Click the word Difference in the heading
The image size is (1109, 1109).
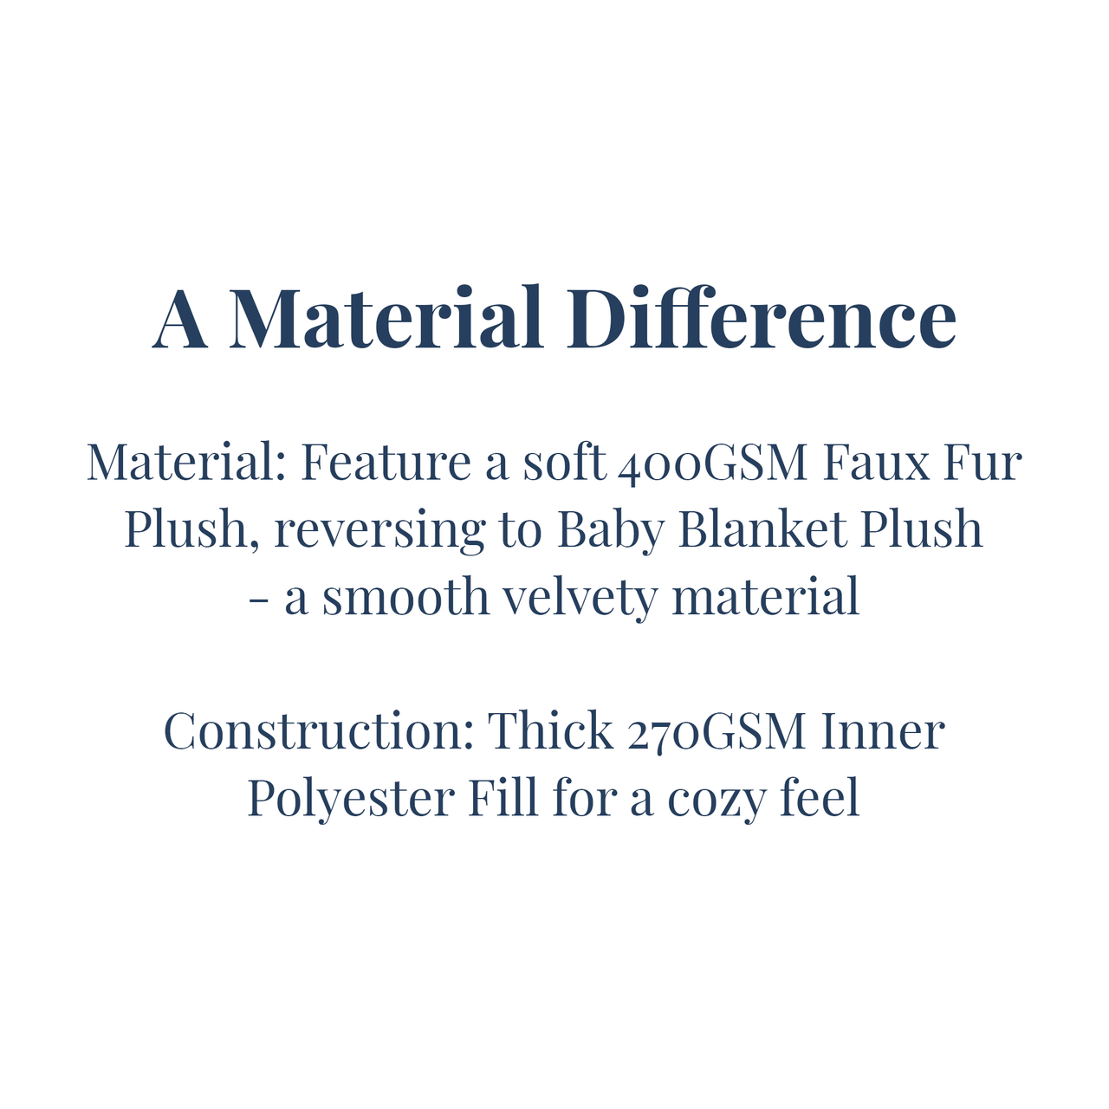click(762, 317)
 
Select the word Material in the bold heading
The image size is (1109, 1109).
click(386, 317)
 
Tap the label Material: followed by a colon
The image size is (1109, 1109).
click(186, 462)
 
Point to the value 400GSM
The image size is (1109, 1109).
click(713, 464)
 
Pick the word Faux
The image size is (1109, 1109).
click(877, 462)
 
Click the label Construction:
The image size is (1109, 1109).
click(320, 731)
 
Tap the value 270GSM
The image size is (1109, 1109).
click(717, 733)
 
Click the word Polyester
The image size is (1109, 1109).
click(352, 800)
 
